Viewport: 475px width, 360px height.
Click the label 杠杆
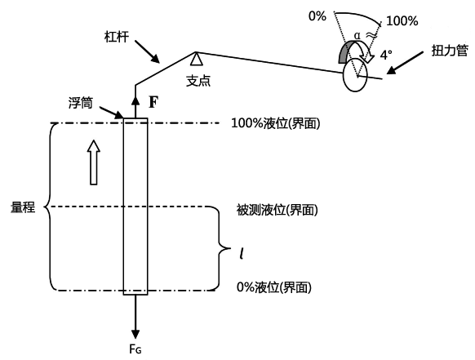(117, 37)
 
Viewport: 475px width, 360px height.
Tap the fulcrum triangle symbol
(197, 59)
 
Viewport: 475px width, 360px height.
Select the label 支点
(198, 81)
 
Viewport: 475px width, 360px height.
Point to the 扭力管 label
(450, 51)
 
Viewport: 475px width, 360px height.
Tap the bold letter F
(153, 102)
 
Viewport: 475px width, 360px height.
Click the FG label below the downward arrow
(135, 349)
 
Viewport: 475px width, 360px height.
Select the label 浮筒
(80, 103)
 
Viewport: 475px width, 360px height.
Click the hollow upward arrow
(94, 162)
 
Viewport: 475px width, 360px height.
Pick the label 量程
(23, 207)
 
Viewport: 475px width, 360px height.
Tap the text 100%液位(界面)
(275, 123)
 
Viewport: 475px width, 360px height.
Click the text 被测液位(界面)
(277, 210)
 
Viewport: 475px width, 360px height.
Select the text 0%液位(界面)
(274, 287)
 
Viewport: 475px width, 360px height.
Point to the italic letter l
(242, 253)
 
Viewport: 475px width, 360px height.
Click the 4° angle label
(386, 56)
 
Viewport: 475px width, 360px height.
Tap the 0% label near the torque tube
(317, 16)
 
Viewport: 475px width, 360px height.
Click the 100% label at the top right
(402, 21)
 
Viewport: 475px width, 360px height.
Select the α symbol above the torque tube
(357, 36)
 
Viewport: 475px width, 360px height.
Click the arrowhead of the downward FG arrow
(135, 334)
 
